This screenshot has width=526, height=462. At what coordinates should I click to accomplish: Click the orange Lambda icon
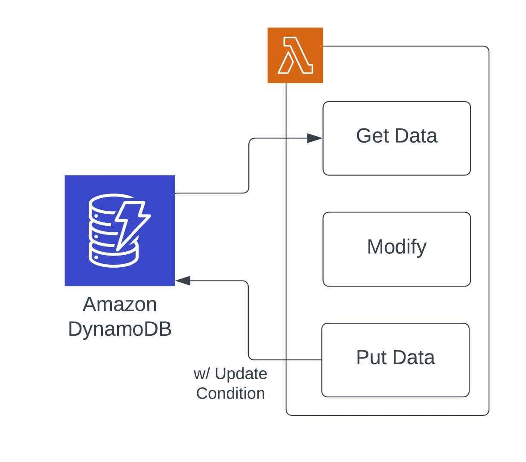[x=295, y=55]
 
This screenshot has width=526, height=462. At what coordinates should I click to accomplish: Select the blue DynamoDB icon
[x=120, y=231]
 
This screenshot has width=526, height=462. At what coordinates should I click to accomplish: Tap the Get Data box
[x=396, y=138]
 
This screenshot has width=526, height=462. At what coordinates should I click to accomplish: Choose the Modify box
[x=396, y=249]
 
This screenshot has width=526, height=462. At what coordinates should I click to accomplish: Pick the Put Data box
[x=395, y=360]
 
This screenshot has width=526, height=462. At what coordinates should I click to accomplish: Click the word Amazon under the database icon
[x=120, y=304]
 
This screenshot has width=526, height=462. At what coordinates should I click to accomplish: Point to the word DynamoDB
[x=120, y=329]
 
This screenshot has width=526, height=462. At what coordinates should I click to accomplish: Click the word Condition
[x=230, y=393]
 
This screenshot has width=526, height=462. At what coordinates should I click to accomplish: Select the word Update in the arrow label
[x=241, y=374]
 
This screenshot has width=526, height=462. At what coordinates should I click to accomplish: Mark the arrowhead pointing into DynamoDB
[x=183, y=281]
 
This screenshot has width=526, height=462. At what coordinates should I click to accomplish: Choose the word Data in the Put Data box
[x=414, y=357]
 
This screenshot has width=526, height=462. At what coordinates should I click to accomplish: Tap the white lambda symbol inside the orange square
[x=295, y=55]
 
